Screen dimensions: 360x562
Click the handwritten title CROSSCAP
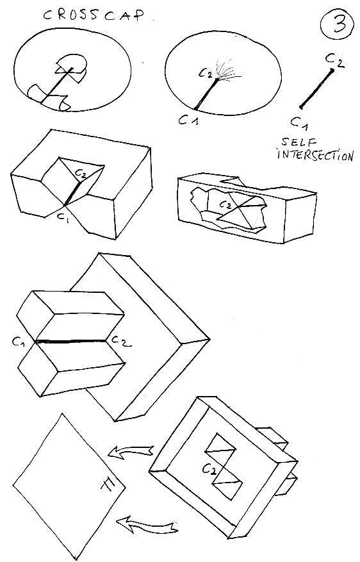(94, 15)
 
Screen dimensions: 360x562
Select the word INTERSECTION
(315, 155)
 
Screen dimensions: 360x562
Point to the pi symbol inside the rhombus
(110, 485)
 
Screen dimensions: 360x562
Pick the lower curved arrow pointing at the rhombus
(147, 526)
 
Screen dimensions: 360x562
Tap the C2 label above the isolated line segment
(335, 61)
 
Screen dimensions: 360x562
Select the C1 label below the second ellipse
(188, 120)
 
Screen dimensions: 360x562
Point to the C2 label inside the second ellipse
(206, 74)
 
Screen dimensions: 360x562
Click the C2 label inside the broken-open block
(225, 204)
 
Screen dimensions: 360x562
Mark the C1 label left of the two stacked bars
(19, 342)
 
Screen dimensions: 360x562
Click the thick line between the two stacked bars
(71, 341)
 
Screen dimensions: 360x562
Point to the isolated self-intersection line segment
(317, 88)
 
